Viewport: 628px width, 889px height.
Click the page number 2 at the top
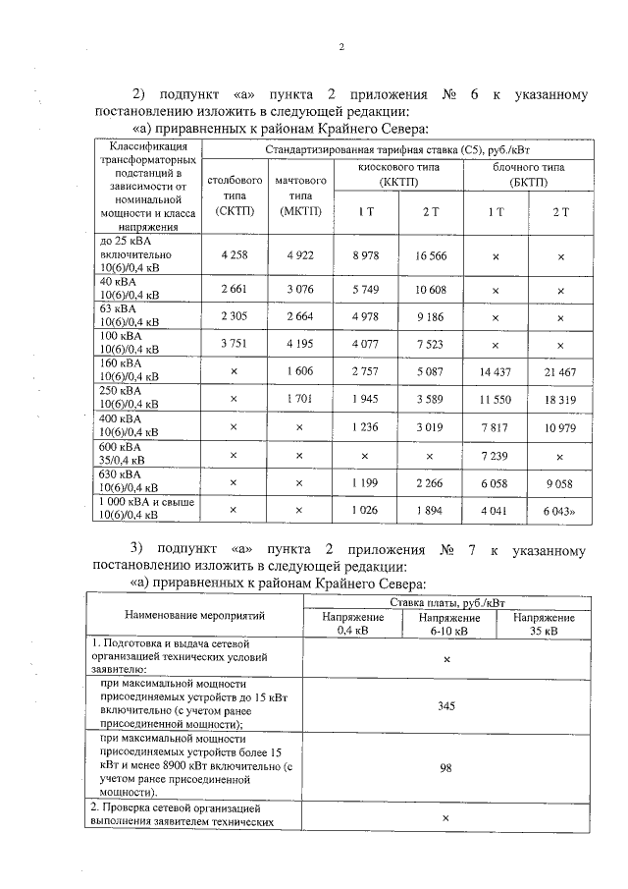coord(341,46)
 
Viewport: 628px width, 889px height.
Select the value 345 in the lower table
coord(446,705)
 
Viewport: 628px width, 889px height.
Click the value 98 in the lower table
coord(446,769)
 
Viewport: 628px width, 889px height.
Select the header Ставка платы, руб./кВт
coord(446,601)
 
